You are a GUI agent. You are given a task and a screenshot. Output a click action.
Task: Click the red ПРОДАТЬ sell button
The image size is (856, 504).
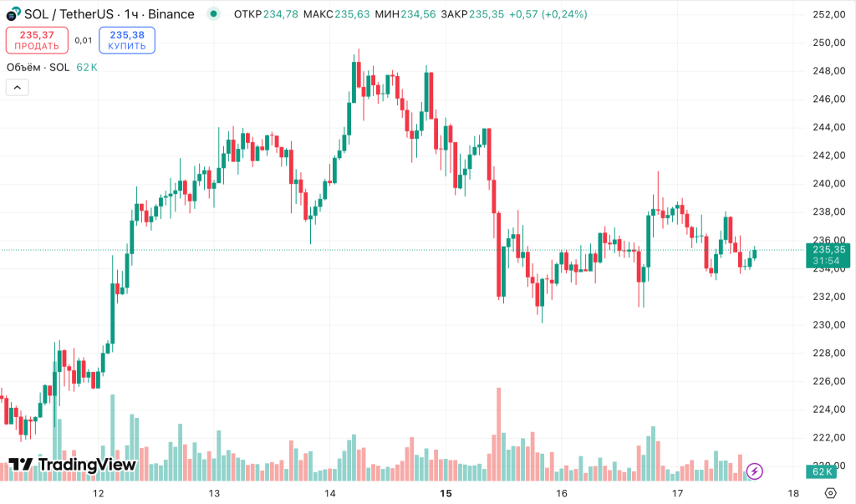pyautogui.click(x=37, y=40)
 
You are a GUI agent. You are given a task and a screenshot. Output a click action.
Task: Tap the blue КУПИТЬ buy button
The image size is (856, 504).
pyautogui.click(x=126, y=40)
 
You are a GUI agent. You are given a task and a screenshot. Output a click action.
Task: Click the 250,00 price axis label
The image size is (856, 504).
pyautogui.click(x=828, y=43)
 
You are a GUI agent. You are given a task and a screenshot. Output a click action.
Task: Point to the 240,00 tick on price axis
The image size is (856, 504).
pyautogui.click(x=828, y=184)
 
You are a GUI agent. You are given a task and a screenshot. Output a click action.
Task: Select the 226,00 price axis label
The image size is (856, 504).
pyautogui.click(x=828, y=381)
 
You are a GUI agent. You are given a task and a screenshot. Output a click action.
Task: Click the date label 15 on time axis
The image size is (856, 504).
pyautogui.click(x=446, y=493)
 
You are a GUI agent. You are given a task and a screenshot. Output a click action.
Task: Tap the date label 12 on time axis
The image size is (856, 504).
pyautogui.click(x=99, y=493)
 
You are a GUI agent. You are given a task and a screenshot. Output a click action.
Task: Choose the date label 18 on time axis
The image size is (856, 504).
pyautogui.click(x=792, y=493)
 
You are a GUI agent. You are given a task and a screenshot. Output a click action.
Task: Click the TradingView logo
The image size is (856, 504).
pyautogui.click(x=73, y=466)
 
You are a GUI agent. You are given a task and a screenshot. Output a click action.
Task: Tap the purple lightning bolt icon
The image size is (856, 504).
pyautogui.click(x=755, y=471)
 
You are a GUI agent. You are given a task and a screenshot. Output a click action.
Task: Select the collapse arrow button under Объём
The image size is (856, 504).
pyautogui.click(x=17, y=86)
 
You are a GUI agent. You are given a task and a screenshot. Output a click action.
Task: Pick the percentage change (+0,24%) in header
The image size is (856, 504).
pyautogui.click(x=564, y=14)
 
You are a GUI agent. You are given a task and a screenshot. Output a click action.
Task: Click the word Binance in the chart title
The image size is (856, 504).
pyautogui.click(x=171, y=14)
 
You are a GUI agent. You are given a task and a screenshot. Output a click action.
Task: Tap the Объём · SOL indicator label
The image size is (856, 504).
pyautogui.click(x=38, y=67)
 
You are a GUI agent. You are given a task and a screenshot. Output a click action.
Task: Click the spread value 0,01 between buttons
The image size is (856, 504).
pyautogui.click(x=84, y=40)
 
